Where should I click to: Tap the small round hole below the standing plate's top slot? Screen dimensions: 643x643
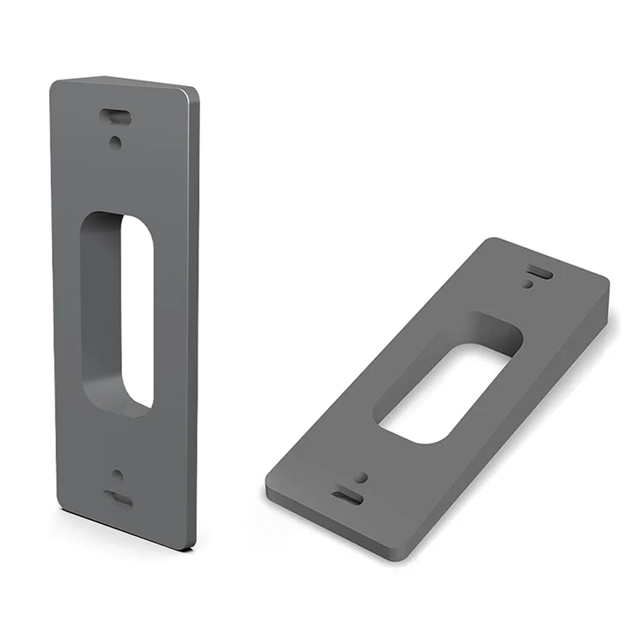[x=117, y=141]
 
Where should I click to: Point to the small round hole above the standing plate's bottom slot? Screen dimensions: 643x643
[x=117, y=474]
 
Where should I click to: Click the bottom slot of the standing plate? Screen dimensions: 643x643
[x=119, y=498]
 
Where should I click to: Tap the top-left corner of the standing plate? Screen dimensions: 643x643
[x=53, y=83]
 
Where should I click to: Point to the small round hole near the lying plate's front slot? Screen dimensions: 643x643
[x=361, y=477]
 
